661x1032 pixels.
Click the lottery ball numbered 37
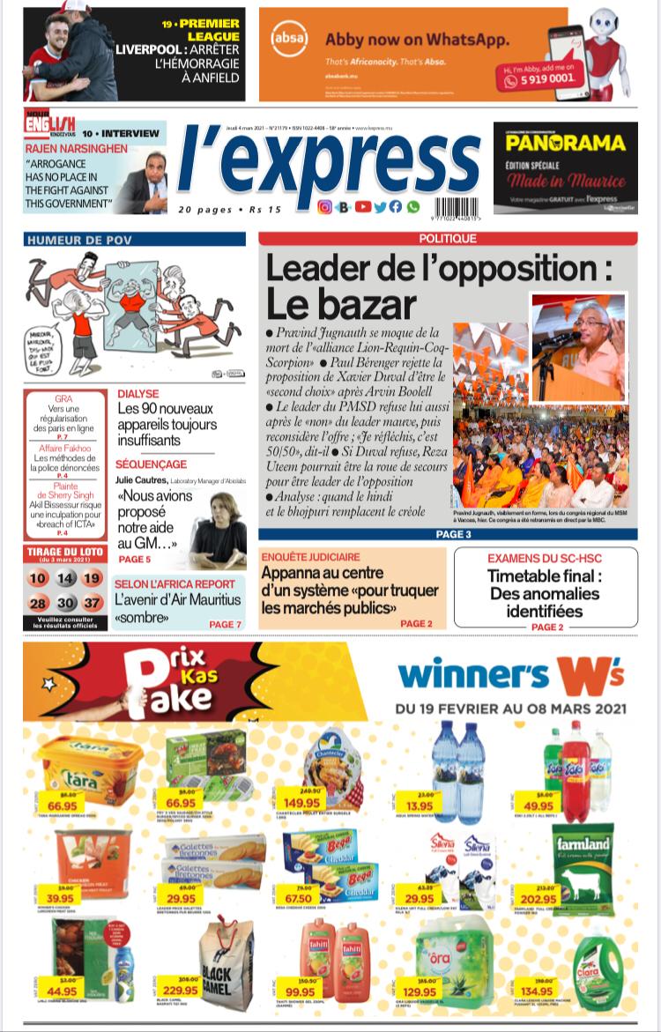point(93,603)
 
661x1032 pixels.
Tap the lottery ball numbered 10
point(37,579)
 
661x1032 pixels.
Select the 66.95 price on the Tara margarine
point(63,806)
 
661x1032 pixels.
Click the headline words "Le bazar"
point(340,304)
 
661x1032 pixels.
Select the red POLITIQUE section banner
point(448,239)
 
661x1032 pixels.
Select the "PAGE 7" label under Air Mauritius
point(225,624)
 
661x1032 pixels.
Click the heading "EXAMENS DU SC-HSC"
point(546,559)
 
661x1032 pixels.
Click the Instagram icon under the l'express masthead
point(324,207)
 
